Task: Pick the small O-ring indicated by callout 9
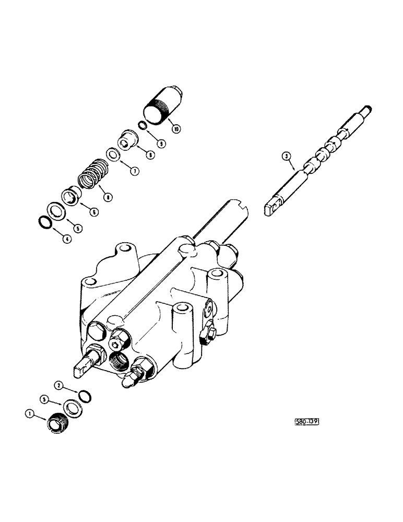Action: pos(141,125)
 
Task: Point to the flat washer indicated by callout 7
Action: pos(112,155)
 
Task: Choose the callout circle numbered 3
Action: pos(285,156)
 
